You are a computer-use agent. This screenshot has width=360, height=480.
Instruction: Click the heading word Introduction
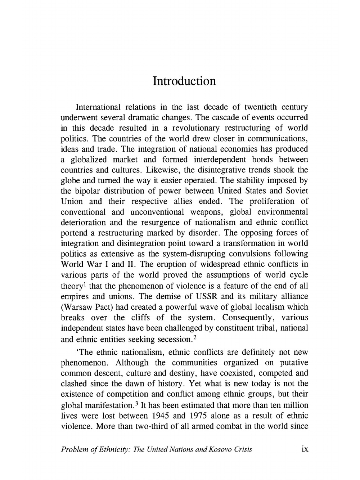click(x=184, y=81)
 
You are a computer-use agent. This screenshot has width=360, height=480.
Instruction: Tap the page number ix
click(x=305, y=449)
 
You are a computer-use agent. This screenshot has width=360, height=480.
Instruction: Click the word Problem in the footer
click(x=74, y=449)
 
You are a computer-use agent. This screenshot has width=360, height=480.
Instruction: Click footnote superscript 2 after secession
click(x=195, y=337)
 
